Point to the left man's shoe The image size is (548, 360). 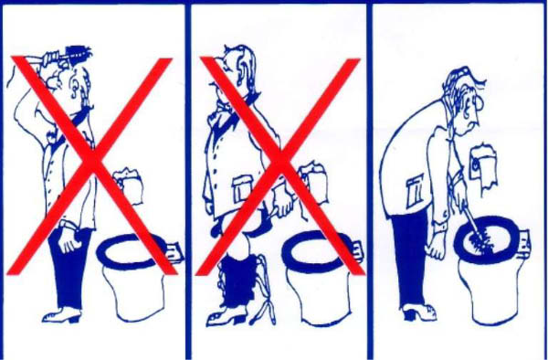click(63, 315)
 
